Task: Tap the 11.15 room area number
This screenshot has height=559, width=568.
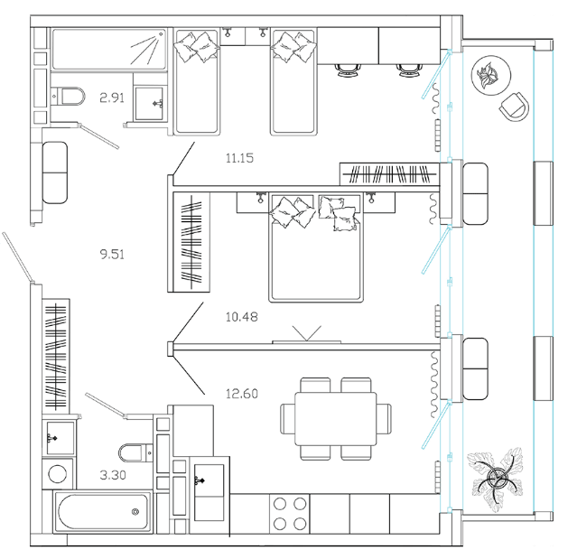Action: coord(239,158)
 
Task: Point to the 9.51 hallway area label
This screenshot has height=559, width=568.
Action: coord(112,254)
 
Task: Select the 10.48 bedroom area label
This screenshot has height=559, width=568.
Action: coord(239,316)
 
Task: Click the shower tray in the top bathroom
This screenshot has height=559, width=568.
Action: coord(109,48)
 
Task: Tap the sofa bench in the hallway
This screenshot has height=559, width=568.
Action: coord(54,172)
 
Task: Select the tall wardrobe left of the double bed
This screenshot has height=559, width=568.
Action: coord(189,242)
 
